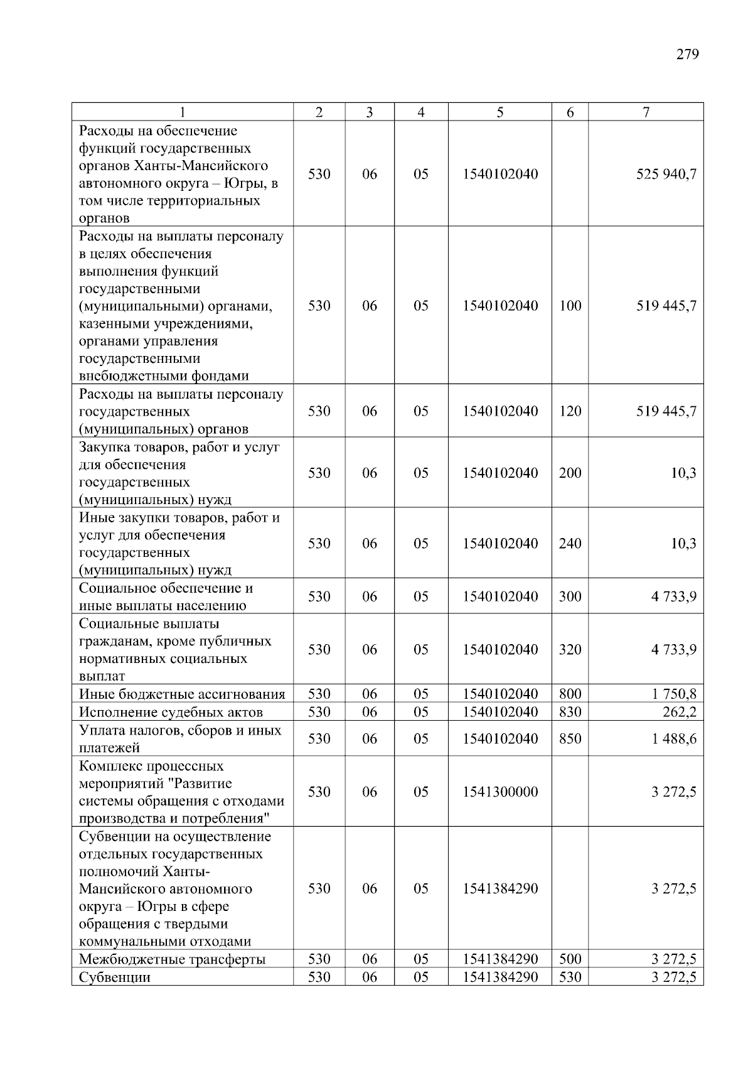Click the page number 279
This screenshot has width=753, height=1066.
687,54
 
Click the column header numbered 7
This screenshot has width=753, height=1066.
646,112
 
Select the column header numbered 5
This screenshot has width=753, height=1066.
499,112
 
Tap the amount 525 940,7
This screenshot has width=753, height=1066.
666,174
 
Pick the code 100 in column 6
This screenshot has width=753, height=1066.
570,306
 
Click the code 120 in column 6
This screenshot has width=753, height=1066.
570,411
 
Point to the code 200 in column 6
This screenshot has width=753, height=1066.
570,473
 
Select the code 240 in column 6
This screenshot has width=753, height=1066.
570,543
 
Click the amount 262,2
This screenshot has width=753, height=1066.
679,712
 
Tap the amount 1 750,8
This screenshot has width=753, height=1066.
673,694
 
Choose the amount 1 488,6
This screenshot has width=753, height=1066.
673,739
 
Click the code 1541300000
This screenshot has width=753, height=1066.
500,792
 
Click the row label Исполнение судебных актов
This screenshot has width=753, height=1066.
171,712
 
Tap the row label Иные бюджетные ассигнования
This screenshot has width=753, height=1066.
182,694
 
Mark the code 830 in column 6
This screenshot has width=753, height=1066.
570,712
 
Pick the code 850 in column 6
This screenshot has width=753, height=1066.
570,739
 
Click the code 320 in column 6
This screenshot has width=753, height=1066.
570,649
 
